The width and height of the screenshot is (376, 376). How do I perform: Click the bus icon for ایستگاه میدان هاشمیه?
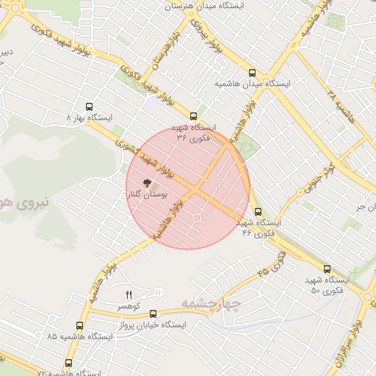[253, 73]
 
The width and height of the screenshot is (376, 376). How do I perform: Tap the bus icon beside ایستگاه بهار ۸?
[90, 106]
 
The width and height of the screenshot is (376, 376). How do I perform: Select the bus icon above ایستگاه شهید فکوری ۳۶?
[194, 116]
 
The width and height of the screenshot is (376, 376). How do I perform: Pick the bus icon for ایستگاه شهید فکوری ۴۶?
[257, 212]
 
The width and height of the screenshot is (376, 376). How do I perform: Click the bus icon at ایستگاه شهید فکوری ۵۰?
[327, 270]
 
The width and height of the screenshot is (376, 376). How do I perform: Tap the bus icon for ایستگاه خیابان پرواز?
[153, 314]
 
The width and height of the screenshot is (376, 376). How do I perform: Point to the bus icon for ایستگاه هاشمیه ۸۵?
[79, 325]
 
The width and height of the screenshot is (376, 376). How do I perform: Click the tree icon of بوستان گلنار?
[147, 183]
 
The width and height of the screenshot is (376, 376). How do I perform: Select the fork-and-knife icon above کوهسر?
[130, 294]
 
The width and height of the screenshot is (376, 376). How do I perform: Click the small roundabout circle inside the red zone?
[197, 218]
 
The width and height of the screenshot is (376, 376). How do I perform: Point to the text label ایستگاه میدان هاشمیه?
[253, 84]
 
